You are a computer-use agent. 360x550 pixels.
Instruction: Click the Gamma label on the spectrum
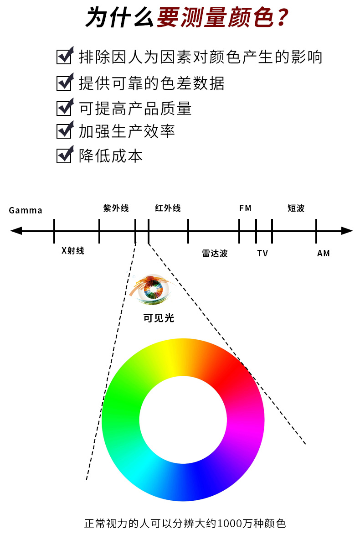click(x=26, y=210)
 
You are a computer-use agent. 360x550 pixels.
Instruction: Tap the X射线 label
click(x=73, y=250)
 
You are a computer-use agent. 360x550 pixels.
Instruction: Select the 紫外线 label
click(x=116, y=208)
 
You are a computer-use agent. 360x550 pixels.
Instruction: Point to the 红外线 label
click(x=168, y=208)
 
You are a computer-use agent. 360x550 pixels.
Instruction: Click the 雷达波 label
click(x=215, y=253)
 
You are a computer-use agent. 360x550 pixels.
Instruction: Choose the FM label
click(x=245, y=208)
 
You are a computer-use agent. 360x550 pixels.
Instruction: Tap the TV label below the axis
click(x=262, y=253)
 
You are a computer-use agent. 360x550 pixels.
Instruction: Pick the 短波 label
click(x=296, y=208)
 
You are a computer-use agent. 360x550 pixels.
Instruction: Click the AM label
click(x=323, y=253)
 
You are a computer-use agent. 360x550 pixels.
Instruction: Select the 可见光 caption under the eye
click(x=159, y=318)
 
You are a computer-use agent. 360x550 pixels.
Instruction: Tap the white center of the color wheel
click(x=183, y=420)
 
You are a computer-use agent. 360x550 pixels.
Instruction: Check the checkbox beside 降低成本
click(x=64, y=155)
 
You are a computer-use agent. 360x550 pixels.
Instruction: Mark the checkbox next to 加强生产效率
click(x=64, y=130)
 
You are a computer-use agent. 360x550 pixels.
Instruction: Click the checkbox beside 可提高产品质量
click(x=64, y=107)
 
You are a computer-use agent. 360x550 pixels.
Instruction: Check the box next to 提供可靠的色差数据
click(x=64, y=83)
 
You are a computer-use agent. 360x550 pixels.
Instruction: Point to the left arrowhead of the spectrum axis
click(x=16, y=231)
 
